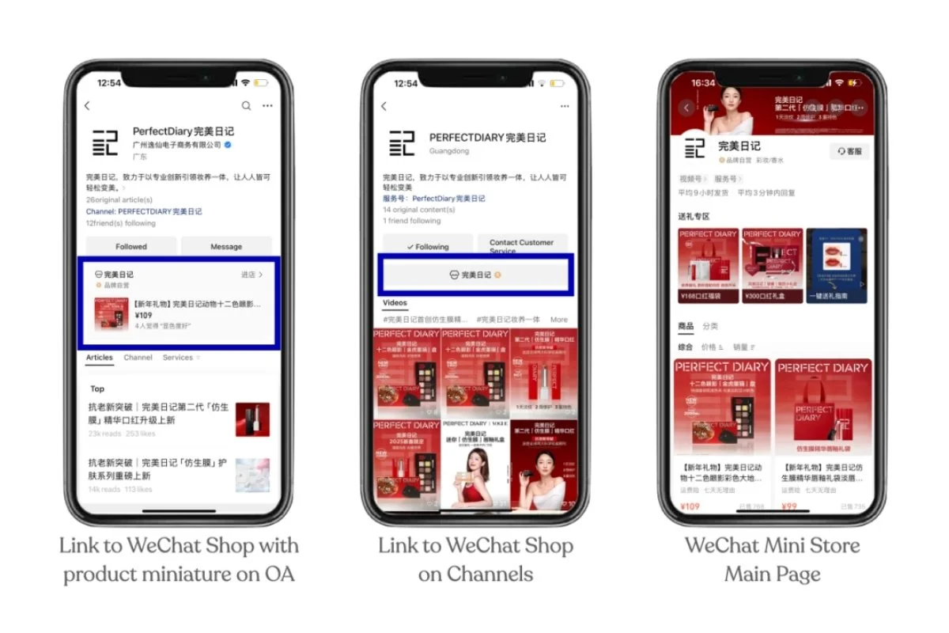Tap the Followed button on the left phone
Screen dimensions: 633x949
131,246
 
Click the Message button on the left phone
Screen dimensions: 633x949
226,246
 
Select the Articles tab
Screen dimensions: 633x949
100,358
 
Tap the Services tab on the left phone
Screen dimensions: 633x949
179,358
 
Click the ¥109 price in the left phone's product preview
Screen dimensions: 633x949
143,315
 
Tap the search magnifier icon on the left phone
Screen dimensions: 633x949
246,106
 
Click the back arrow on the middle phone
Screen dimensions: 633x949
384,106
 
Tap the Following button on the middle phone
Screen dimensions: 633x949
428,246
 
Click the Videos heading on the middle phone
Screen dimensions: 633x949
395,303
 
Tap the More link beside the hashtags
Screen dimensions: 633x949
559,320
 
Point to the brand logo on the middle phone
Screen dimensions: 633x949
403,142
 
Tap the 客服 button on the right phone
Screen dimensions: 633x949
850,151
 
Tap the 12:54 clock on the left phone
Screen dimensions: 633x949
109,83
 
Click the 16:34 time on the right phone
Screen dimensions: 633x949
703,83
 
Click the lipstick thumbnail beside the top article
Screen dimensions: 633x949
252,419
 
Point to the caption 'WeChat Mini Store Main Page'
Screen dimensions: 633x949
772,559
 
